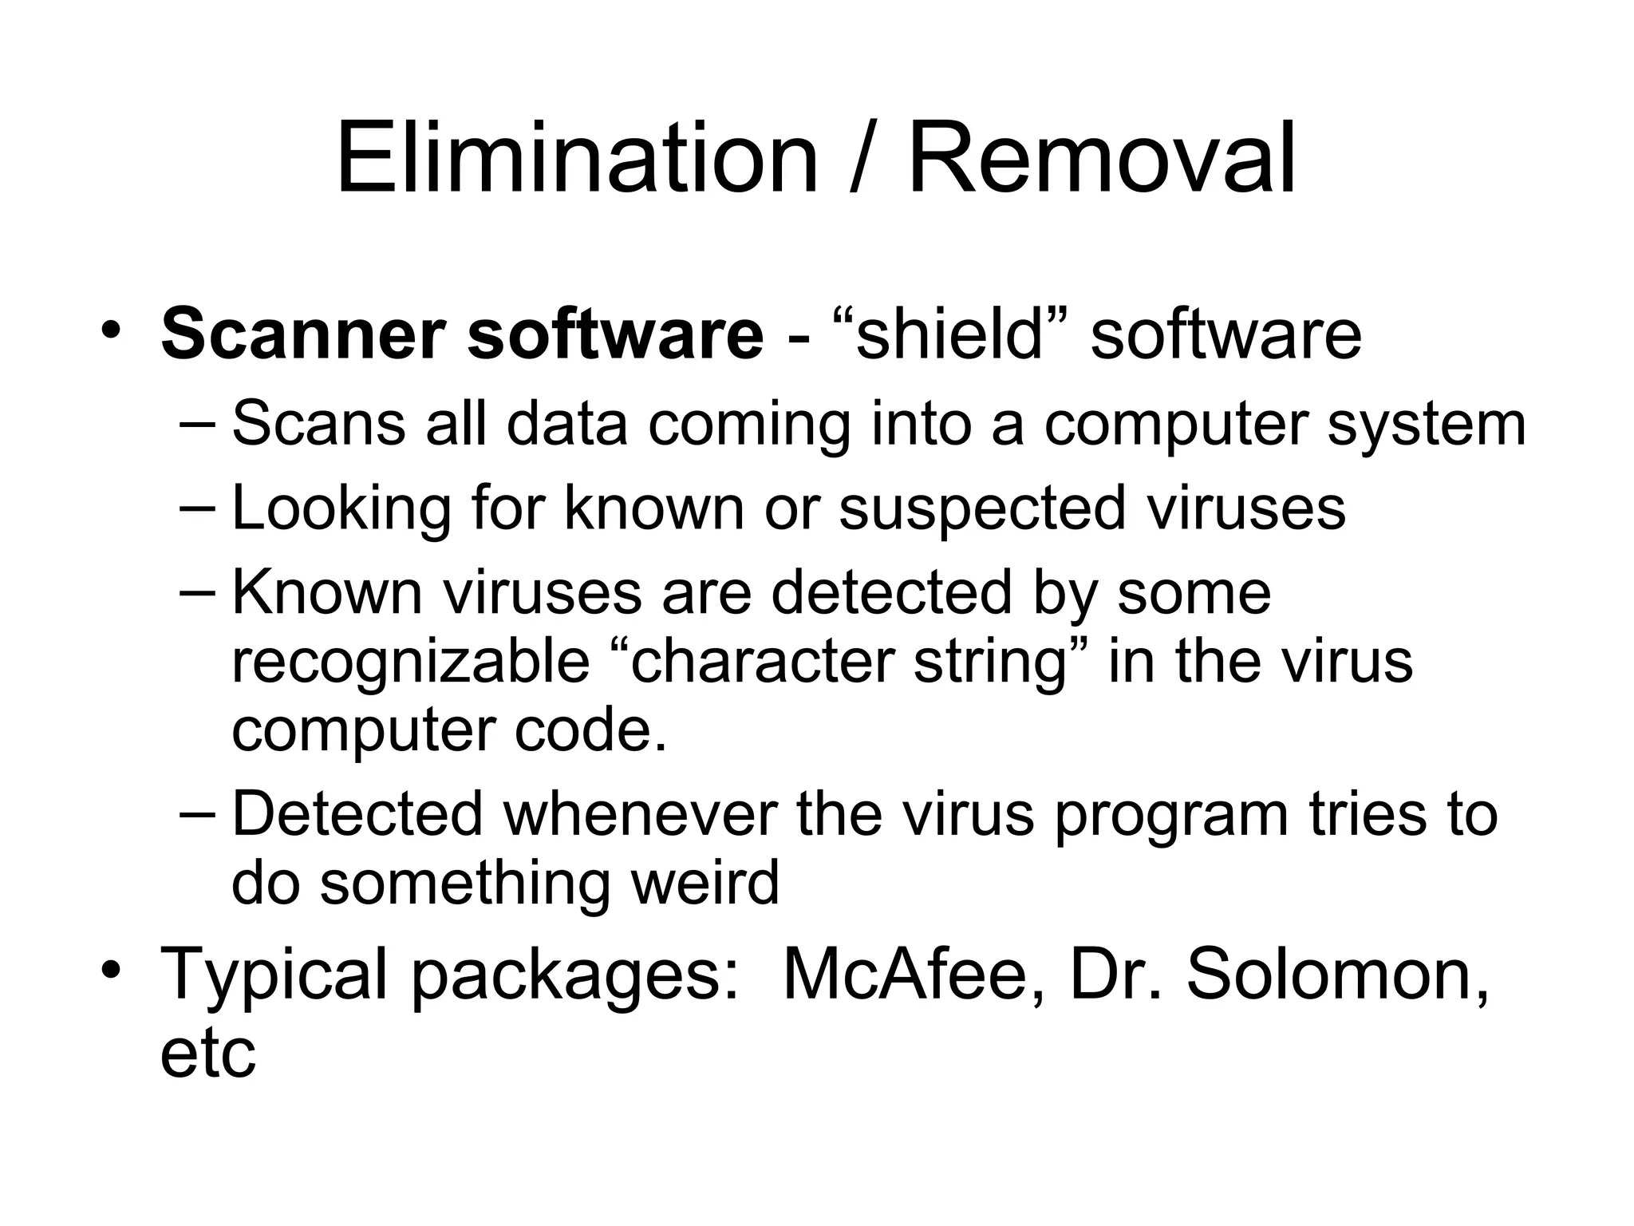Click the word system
(1427, 425)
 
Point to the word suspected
(982, 508)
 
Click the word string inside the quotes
(989, 662)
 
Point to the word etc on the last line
(207, 1054)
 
